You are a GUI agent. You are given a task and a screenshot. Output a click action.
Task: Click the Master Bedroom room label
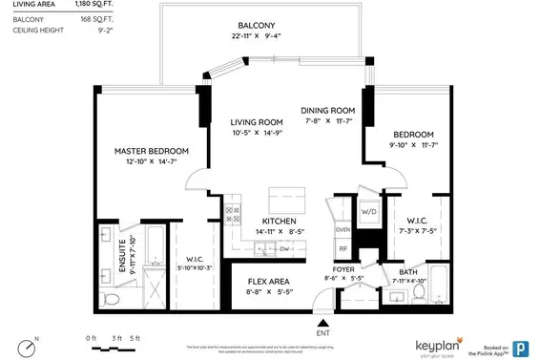tap(152, 152)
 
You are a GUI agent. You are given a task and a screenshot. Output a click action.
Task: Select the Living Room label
tap(258, 122)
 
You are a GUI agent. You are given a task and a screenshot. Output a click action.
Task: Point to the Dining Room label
tap(329, 110)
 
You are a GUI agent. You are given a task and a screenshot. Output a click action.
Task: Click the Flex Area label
tap(270, 282)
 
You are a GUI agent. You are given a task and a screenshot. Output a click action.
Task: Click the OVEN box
tap(343, 229)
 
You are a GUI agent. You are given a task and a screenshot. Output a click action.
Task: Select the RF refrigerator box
tap(343, 248)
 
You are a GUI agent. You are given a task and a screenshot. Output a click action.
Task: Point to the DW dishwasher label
tap(284, 249)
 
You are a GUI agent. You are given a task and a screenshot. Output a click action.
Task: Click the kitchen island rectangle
tap(285, 199)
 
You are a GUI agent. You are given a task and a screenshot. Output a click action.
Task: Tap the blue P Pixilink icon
tap(523, 348)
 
